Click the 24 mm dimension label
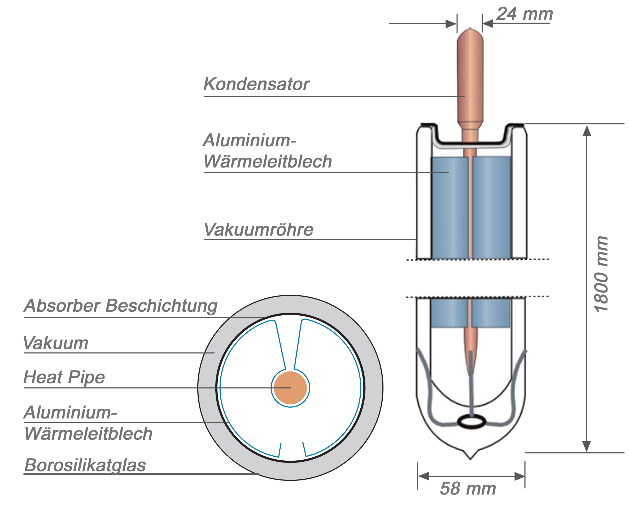(x=525, y=14)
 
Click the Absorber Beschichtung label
(x=121, y=306)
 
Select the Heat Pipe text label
(x=64, y=377)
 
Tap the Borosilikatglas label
(x=85, y=465)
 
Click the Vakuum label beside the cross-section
(x=56, y=343)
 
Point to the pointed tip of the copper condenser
(x=470, y=29)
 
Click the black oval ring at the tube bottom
(x=471, y=421)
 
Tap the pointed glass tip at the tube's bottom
(x=470, y=458)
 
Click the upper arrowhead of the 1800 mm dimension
(x=587, y=131)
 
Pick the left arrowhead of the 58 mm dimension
(x=423, y=476)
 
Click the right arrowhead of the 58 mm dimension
(x=519, y=476)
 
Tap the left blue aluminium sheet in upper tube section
(x=450, y=208)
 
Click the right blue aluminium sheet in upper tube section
(x=491, y=208)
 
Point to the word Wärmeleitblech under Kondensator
(x=268, y=162)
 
